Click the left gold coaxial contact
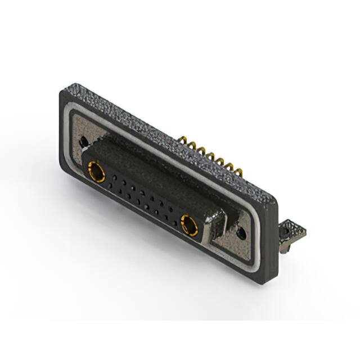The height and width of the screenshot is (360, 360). [x=95, y=172]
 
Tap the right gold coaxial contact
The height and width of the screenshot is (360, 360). [x=189, y=225]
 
